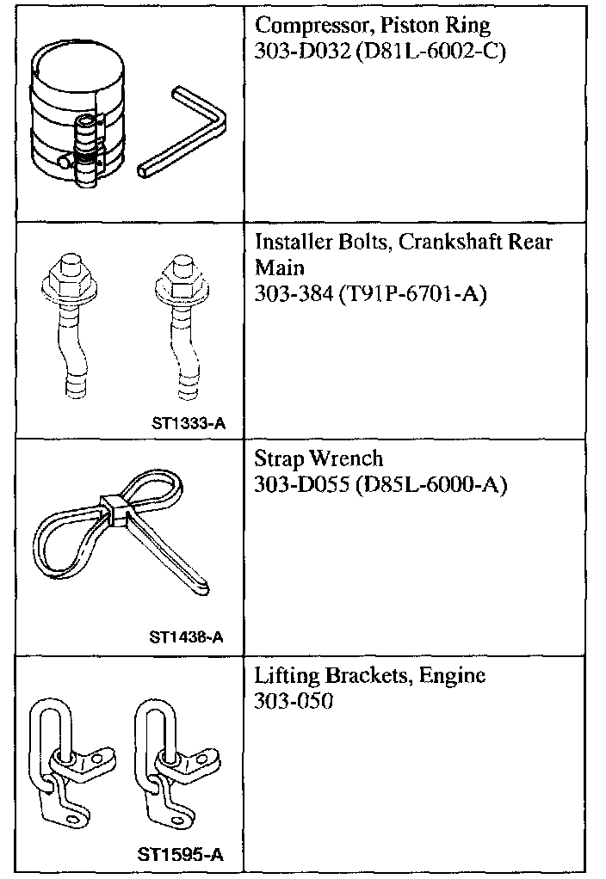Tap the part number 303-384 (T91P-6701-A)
point(371,294)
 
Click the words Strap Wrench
point(318,458)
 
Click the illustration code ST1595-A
point(181,855)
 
